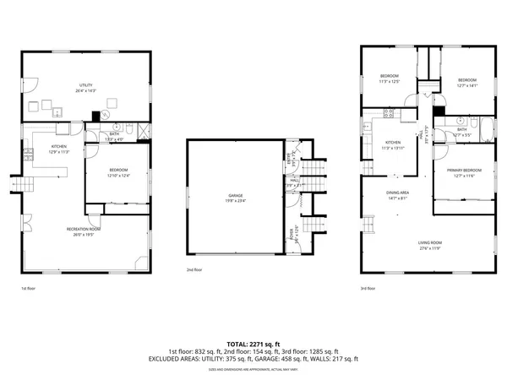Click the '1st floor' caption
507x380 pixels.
coord(29,289)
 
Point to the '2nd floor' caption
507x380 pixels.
coord(194,270)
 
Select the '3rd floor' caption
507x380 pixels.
coord(368,289)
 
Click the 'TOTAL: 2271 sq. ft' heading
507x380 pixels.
coord(253,344)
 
